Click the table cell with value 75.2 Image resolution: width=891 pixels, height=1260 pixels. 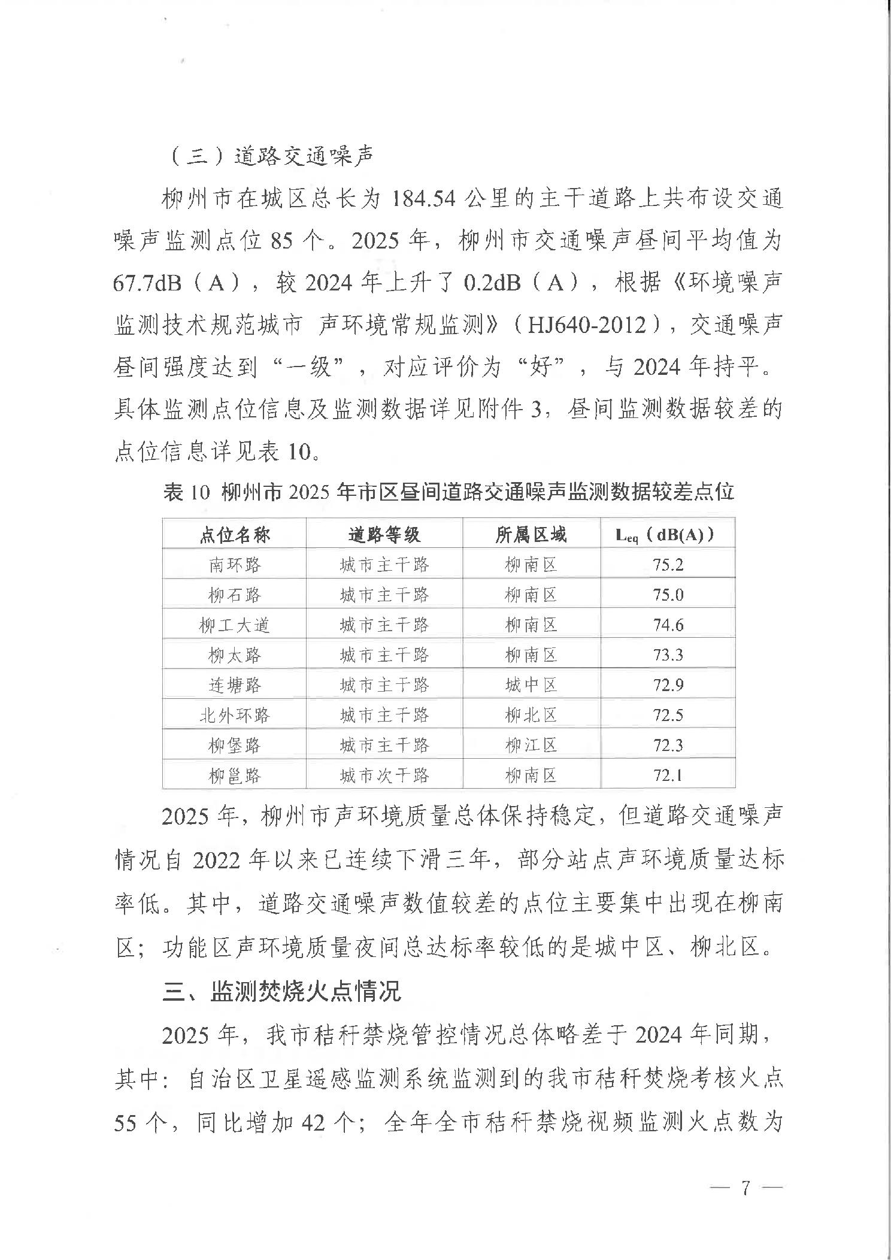[668, 565]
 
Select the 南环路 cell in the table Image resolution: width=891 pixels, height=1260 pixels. [235, 565]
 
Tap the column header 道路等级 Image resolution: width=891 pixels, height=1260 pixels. [384, 534]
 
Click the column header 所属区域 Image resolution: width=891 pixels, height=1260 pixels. [531, 534]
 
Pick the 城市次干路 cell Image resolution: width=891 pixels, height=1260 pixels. [384, 776]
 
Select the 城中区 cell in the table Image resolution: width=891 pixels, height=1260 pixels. [531, 685]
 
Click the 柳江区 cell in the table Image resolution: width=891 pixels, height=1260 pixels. [531, 746]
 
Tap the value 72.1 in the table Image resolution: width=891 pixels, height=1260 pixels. [668, 776]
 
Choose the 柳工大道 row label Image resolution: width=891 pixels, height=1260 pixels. [235, 625]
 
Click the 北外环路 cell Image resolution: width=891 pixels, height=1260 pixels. [235, 715]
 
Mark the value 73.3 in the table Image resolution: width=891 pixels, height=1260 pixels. [668, 655]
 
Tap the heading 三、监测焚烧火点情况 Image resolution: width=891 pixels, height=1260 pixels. [281, 992]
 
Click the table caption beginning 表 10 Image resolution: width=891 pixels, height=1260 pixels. [448, 493]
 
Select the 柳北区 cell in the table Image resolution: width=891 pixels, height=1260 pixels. [531, 715]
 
